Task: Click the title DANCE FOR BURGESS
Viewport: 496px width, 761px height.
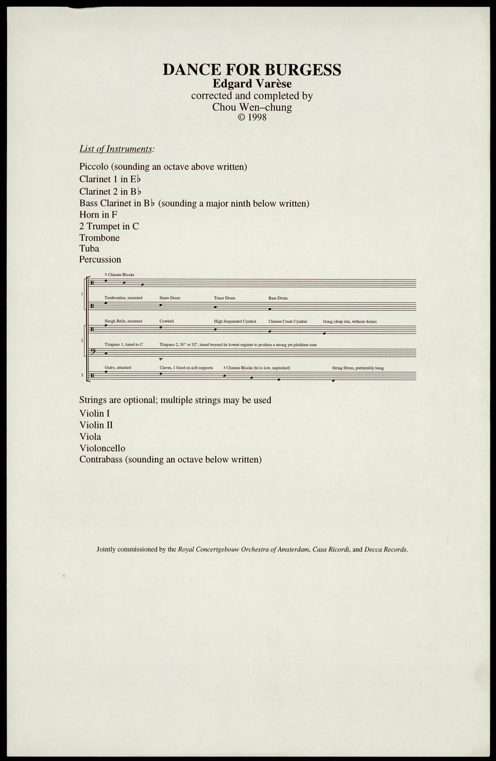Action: (251, 69)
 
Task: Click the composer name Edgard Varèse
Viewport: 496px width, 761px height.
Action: (251, 84)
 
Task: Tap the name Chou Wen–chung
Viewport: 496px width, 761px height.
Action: (251, 107)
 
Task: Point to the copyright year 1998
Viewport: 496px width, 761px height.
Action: (256, 117)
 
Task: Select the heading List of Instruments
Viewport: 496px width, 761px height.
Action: (117, 149)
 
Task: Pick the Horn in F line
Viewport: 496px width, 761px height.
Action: (98, 215)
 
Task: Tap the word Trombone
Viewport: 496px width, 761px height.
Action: (100, 238)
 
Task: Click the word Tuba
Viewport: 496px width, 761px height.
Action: (89, 249)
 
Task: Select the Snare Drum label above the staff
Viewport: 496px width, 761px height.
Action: (170, 298)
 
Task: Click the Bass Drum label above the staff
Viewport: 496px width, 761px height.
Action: (278, 298)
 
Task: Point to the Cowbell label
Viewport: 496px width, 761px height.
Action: (167, 321)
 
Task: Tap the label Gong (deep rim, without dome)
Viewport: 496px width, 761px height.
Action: (350, 321)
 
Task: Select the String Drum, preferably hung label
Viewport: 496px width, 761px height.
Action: (358, 368)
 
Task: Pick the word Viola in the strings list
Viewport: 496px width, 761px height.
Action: (90, 436)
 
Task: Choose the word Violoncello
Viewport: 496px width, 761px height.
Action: (102, 448)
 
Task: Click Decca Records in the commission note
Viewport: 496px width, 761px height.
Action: (385, 549)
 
